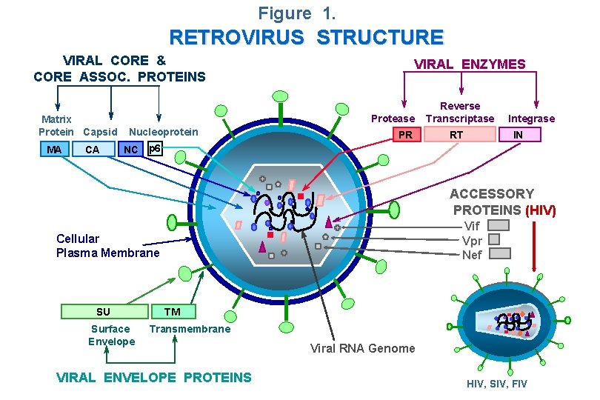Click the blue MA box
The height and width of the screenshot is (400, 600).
tap(54, 150)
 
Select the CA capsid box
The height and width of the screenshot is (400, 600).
tap(93, 150)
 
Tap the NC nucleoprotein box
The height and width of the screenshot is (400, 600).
tap(130, 150)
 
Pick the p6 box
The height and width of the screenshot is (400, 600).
tap(154, 148)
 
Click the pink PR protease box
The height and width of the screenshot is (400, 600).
tap(405, 135)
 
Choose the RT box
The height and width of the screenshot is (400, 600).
tap(457, 135)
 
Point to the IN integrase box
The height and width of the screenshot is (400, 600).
tap(518, 135)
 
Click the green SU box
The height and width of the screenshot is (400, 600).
tap(103, 312)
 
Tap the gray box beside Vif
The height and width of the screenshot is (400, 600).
tap(499, 225)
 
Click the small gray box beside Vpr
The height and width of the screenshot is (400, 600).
tap(494, 239)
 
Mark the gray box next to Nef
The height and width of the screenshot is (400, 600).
tap(500, 253)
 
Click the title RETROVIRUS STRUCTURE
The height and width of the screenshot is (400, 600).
tap(306, 37)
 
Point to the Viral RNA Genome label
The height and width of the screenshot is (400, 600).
tap(362, 348)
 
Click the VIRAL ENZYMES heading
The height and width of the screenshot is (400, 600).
tap(470, 64)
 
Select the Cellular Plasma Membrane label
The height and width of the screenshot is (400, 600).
tap(107, 246)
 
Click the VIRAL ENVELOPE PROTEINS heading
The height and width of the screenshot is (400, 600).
tap(154, 378)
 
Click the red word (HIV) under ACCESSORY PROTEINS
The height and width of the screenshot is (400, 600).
tap(540, 210)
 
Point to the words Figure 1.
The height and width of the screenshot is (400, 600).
tap(296, 13)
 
